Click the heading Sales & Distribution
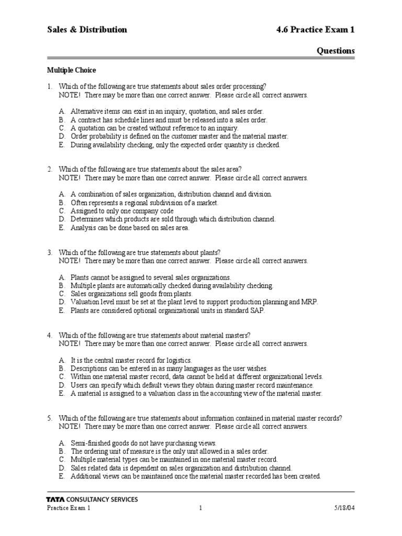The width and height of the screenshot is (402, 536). (x=87, y=30)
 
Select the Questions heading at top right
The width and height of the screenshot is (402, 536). (x=336, y=51)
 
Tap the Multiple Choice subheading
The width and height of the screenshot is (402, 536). (x=72, y=70)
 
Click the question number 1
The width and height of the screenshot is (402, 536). (x=50, y=86)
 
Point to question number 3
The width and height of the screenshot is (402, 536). (x=50, y=252)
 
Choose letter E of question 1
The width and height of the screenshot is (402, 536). (x=61, y=145)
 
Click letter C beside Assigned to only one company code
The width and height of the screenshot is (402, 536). (x=62, y=211)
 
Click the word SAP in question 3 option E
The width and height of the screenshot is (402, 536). (x=258, y=310)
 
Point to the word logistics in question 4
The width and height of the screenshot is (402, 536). (x=176, y=360)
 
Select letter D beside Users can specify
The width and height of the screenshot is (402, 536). (x=62, y=385)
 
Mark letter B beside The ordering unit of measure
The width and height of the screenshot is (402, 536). (x=61, y=451)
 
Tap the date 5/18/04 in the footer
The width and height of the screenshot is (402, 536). (x=343, y=509)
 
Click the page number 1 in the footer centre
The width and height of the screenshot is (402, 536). (x=200, y=509)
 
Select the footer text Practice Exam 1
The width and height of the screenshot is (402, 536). (x=69, y=509)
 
